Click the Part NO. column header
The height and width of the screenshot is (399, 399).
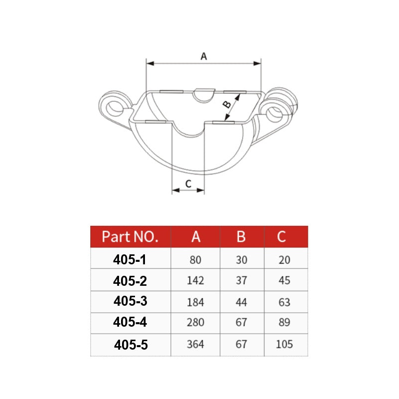pyautogui.click(x=130, y=236)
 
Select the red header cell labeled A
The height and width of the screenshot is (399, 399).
pyautogui.click(x=196, y=236)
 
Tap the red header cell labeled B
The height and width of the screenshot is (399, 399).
pyautogui.click(x=241, y=236)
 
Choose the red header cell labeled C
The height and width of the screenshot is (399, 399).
pyautogui.click(x=282, y=236)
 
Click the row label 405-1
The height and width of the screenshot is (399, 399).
pyautogui.click(x=130, y=259)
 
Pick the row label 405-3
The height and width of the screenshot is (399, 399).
pyautogui.click(x=130, y=301)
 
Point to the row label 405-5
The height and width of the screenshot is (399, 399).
pyautogui.click(x=131, y=344)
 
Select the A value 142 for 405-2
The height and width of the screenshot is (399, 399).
pyautogui.click(x=195, y=281)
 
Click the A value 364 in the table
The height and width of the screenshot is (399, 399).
pyautogui.click(x=195, y=344)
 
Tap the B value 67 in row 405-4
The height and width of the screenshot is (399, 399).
pyautogui.click(x=241, y=323)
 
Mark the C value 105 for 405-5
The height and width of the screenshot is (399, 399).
pyautogui.click(x=283, y=344)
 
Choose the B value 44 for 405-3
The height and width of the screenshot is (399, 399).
pyautogui.click(x=241, y=302)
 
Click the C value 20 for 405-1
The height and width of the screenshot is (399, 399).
pyautogui.click(x=284, y=260)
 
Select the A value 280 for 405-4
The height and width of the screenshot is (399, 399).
pyautogui.click(x=195, y=323)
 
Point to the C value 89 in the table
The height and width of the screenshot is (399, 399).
pyautogui.click(x=284, y=323)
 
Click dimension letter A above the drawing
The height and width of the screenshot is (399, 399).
pyautogui.click(x=203, y=57)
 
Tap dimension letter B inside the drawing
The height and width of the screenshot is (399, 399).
pyautogui.click(x=226, y=104)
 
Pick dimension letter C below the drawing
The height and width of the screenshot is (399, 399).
pyautogui.click(x=188, y=184)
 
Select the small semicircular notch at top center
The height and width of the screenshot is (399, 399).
pyautogui.click(x=203, y=95)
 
